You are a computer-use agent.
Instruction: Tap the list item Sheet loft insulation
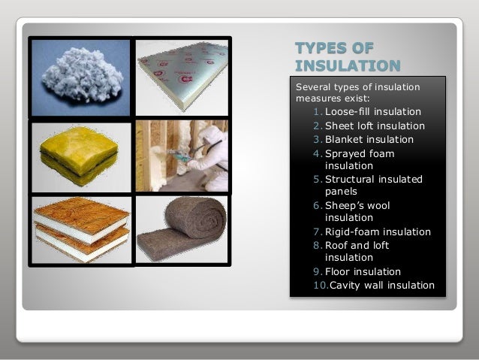[374, 126]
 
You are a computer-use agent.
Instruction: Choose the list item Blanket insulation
[369, 139]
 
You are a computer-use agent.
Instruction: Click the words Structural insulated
[373, 179]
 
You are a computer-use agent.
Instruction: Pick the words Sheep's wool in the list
[357, 205]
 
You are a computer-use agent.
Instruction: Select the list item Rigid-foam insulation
[377, 231]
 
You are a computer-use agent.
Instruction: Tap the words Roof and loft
[357, 245]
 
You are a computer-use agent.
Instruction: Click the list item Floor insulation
[363, 271]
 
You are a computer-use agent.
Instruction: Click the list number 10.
[320, 285]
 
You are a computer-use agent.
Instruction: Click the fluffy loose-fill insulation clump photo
[80, 76]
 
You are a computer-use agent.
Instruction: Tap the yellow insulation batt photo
[80, 156]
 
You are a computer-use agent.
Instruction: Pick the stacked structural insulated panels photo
[80, 228]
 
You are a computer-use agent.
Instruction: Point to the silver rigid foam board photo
[182, 76]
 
